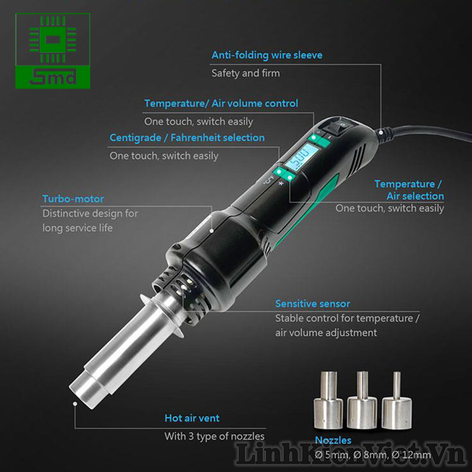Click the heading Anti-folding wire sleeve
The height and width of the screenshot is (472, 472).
(267, 55)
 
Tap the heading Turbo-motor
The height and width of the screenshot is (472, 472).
(73, 199)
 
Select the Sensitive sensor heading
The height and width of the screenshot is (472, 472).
(313, 304)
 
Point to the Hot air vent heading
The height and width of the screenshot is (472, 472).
(192, 418)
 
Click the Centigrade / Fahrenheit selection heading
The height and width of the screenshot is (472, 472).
(187, 138)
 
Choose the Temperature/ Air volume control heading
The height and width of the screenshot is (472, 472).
(221, 104)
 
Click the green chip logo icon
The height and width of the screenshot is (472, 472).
(53, 40)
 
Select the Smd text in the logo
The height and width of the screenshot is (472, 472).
(53, 77)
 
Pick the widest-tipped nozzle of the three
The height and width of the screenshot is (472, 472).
(329, 400)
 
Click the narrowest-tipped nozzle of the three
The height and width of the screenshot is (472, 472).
(396, 401)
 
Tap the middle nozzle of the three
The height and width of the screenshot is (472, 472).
(362, 400)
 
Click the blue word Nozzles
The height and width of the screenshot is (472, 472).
(333, 440)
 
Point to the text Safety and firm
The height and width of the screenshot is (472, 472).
(245, 73)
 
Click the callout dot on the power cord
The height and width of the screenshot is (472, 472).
(381, 132)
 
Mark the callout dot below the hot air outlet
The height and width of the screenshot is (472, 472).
(75, 404)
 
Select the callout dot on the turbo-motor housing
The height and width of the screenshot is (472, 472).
(212, 231)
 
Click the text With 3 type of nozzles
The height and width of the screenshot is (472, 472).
(214, 436)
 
